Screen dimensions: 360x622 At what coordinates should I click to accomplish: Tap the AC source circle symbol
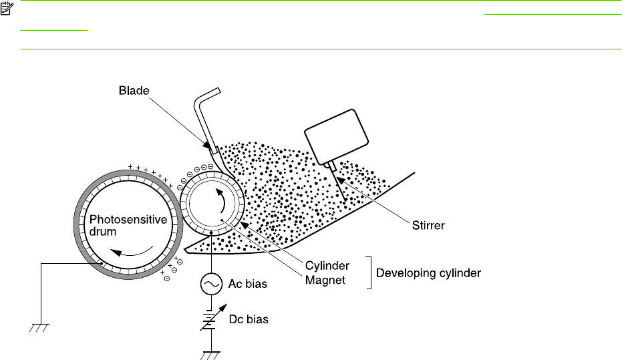coord(210,285)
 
